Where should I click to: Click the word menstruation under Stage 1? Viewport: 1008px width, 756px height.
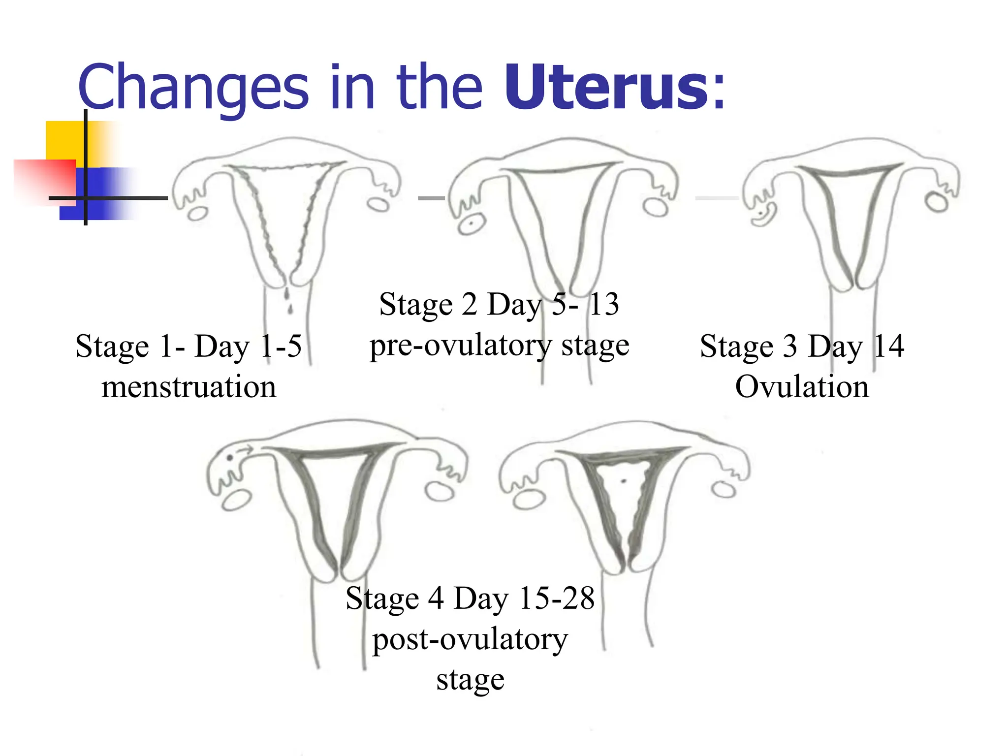click(189, 387)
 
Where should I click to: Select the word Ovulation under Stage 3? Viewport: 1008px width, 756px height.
click(802, 387)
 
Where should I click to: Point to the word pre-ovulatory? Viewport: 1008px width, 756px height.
click(461, 346)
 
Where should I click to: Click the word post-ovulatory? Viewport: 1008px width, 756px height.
click(470, 640)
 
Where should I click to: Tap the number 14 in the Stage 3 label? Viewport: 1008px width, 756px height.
click(888, 346)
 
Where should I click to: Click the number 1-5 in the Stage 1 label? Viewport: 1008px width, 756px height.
click(281, 346)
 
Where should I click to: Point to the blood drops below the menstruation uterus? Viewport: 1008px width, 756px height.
click(288, 301)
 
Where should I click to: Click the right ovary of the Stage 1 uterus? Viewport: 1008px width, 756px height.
click(379, 204)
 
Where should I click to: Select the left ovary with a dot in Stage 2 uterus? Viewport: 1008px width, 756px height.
click(471, 224)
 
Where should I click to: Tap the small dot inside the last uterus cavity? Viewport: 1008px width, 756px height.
click(624, 481)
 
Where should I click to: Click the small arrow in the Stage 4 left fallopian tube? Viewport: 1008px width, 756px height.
click(245, 449)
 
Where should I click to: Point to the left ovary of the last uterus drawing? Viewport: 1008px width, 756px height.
click(529, 500)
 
